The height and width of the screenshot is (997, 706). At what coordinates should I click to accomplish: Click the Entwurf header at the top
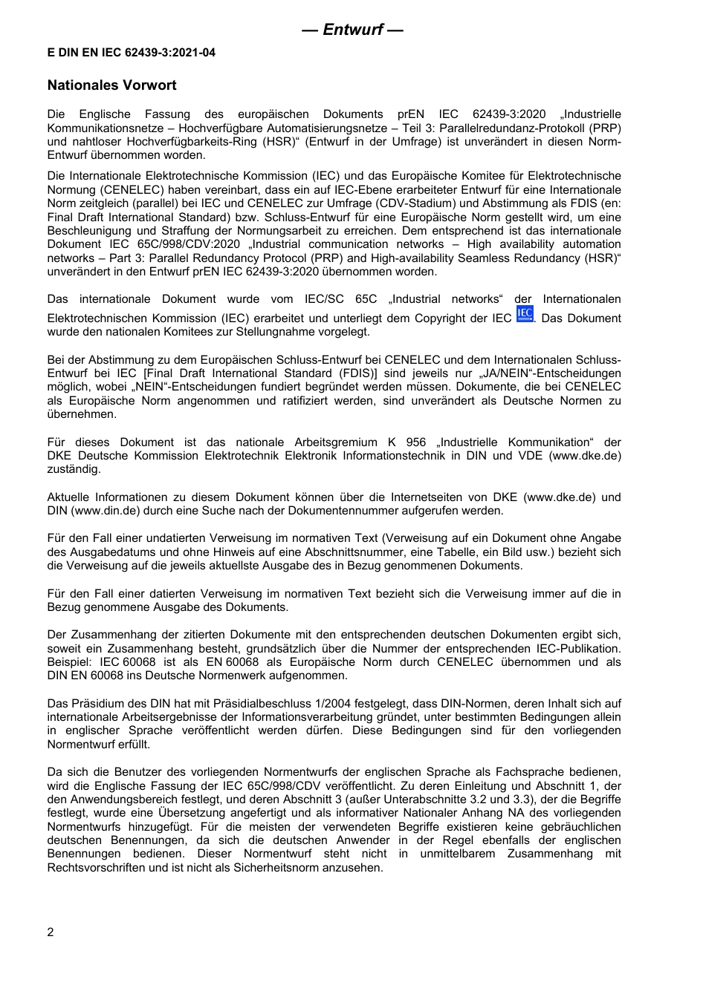pos(352,30)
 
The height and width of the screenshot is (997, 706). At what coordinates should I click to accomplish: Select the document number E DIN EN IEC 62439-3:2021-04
pos(132,53)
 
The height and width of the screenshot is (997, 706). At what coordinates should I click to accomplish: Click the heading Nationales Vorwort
pos(111,85)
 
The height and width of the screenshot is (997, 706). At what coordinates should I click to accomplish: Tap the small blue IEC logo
pos(525,314)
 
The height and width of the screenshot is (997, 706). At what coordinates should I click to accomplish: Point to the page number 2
pos(51,932)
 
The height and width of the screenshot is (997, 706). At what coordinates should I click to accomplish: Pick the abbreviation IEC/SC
pos(324,299)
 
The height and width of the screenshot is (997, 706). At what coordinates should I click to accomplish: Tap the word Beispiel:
pos(70,662)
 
